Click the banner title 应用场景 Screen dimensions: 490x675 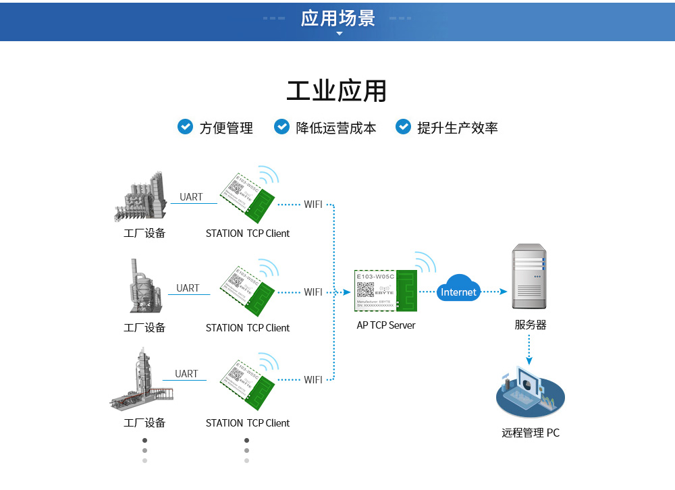click(337, 18)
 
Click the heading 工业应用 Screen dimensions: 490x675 click(337, 90)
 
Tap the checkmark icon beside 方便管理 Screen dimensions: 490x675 click(185, 127)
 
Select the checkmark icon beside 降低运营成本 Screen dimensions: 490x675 click(281, 127)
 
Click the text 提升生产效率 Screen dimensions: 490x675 click(457, 128)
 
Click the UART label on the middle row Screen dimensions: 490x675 click(188, 288)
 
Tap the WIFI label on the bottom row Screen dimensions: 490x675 click(313, 380)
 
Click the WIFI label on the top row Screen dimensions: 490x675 click(313, 204)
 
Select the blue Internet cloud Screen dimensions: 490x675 click(458, 290)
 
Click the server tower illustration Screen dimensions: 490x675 click(529, 277)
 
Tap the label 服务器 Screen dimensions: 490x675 click(530, 325)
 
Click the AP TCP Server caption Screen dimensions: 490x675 click(386, 325)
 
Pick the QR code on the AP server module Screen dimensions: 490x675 click(365, 290)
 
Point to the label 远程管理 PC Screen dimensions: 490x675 click(530, 433)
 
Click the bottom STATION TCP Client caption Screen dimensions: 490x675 click(247, 423)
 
